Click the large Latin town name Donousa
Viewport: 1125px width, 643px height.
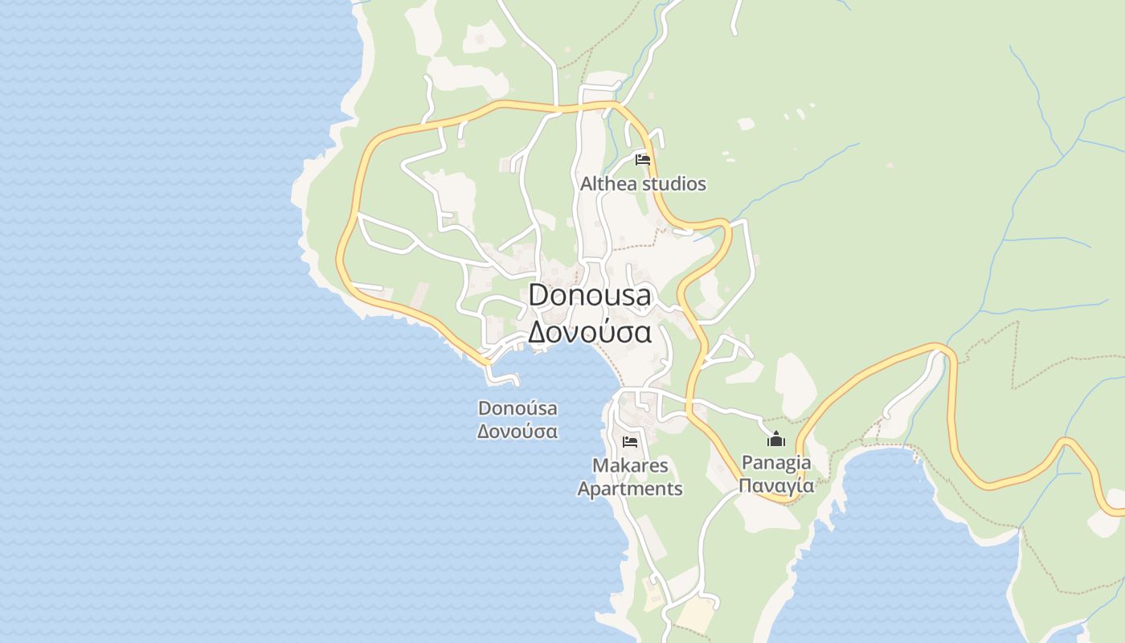click(x=590, y=295)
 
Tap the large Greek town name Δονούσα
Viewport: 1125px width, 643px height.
click(x=590, y=331)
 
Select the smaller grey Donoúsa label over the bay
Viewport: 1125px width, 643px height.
click(x=517, y=408)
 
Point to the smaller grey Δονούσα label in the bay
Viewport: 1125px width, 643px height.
click(x=517, y=431)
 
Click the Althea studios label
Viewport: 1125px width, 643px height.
click(x=643, y=184)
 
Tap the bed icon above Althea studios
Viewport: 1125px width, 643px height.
click(x=643, y=160)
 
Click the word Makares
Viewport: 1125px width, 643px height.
click(x=630, y=465)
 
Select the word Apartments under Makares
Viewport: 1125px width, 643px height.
click(x=630, y=489)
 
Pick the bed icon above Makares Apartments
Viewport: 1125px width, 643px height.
click(x=630, y=441)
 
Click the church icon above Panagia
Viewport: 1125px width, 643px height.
click(x=776, y=439)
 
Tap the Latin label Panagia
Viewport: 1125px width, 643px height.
click(x=776, y=463)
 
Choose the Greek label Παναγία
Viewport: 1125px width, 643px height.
click(x=776, y=485)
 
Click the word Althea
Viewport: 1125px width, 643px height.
click(x=608, y=184)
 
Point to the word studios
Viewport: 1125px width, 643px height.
click(x=674, y=184)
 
